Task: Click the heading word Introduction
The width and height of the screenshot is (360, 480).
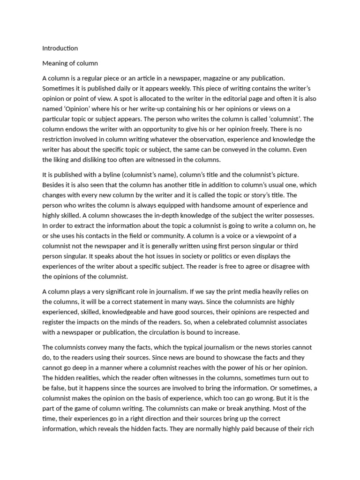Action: coord(60,48)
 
